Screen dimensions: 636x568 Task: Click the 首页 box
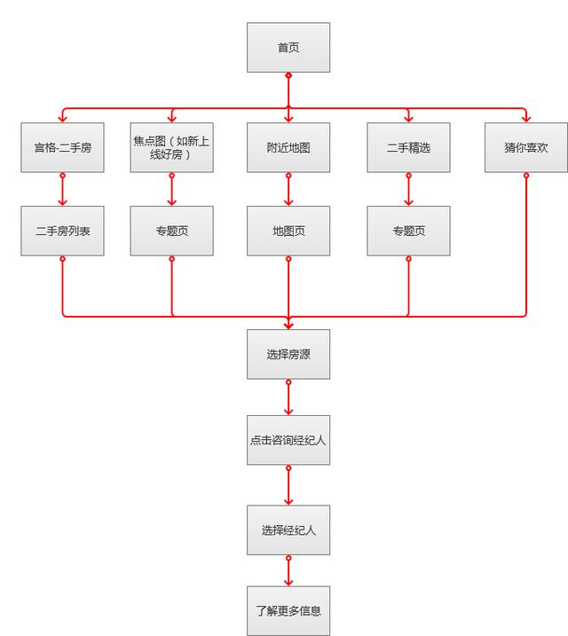(x=288, y=48)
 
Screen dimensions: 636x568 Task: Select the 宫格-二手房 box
(x=62, y=147)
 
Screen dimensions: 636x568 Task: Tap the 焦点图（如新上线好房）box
(x=171, y=147)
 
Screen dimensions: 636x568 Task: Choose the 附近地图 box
(x=288, y=147)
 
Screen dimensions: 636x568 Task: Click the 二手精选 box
(x=408, y=147)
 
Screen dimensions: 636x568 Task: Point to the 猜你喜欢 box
(x=525, y=147)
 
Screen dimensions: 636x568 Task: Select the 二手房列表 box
(x=62, y=231)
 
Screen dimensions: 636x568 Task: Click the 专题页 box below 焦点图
(x=171, y=231)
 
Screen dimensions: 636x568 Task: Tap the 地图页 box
(x=288, y=231)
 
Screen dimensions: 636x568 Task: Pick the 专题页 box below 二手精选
(x=408, y=231)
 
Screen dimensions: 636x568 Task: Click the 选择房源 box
(x=288, y=353)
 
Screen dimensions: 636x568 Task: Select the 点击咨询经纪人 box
(x=288, y=440)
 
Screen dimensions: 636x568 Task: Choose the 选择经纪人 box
(x=288, y=530)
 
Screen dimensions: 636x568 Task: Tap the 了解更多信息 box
(x=288, y=610)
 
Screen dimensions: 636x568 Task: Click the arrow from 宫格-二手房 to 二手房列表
(x=62, y=189)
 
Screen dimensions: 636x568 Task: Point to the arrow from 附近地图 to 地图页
(x=288, y=189)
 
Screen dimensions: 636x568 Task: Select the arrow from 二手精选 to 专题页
(x=408, y=189)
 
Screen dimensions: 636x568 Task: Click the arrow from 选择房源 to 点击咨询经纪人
(x=288, y=397)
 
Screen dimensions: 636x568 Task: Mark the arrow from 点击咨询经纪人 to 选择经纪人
(x=288, y=485)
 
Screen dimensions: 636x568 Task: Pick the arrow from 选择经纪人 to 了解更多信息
(x=288, y=570)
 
